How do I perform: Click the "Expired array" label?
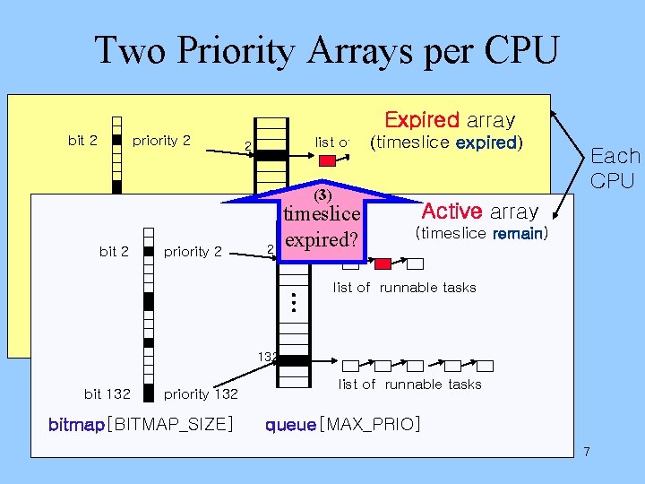coord(449,119)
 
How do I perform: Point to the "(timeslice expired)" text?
coord(445,143)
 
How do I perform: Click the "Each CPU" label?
coord(615,168)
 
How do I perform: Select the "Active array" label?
coord(479,212)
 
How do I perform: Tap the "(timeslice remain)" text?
coord(480,234)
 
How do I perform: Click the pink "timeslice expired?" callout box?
coord(322,227)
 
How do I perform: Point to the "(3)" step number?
coord(322,194)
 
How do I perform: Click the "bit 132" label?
coord(107,393)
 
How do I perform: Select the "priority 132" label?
coord(200,393)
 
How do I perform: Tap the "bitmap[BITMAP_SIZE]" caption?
coord(141,423)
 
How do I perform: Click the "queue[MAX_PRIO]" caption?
coord(342,423)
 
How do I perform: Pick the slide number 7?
coord(587,451)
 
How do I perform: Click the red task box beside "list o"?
coord(328,161)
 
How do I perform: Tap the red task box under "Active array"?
coord(383,264)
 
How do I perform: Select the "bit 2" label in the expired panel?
coord(82,140)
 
